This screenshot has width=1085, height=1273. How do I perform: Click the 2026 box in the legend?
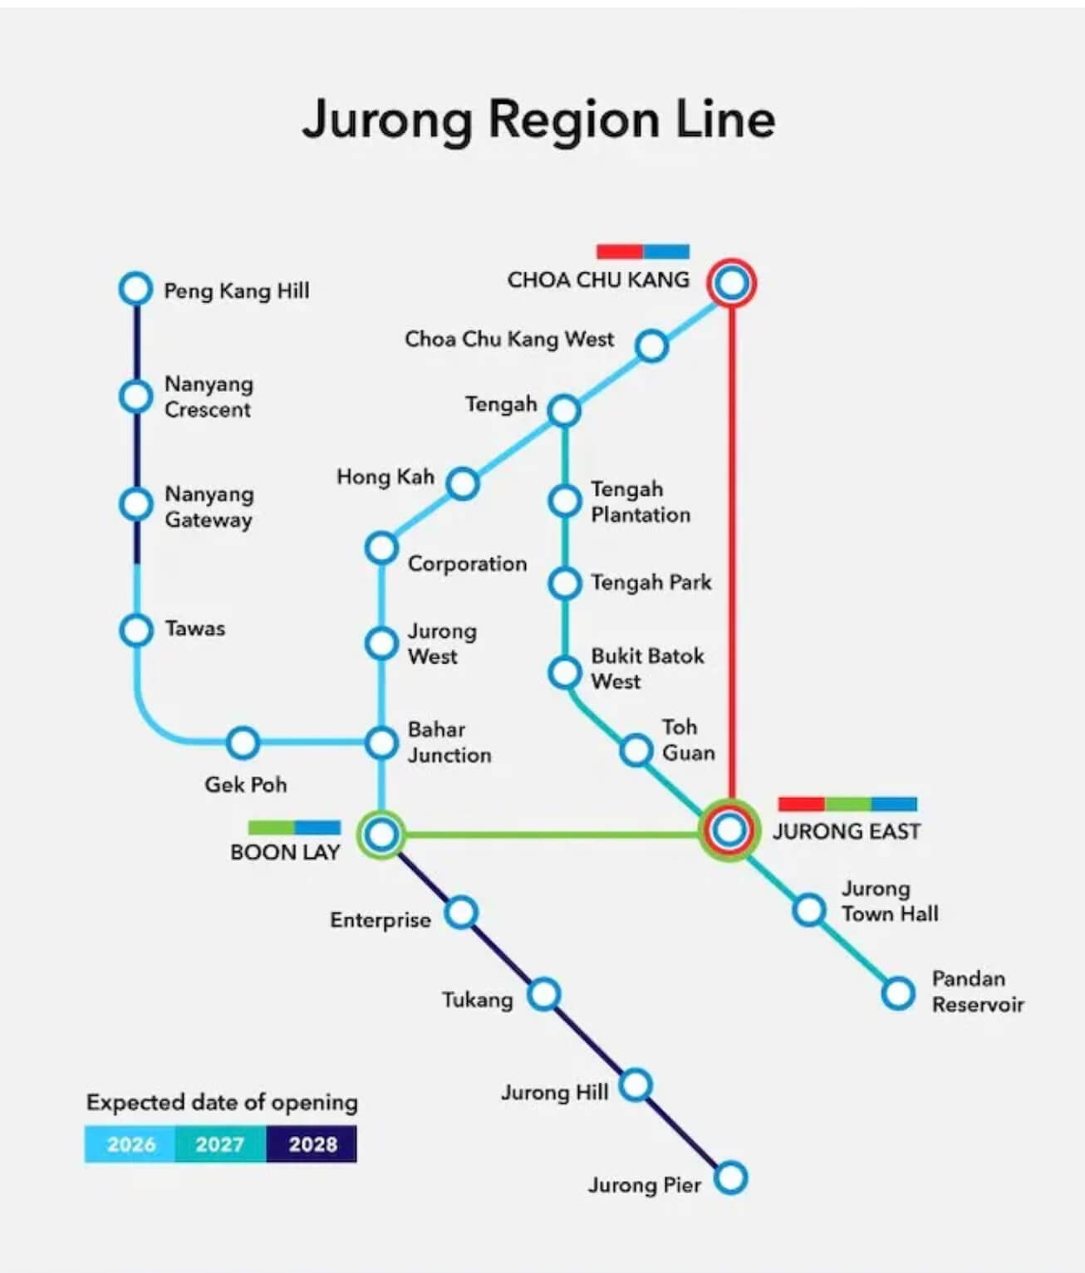coord(130,1144)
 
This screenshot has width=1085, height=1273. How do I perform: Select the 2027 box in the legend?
coord(221,1144)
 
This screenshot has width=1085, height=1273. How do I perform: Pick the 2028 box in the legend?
coord(312,1144)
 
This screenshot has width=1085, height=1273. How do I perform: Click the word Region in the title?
coord(573,121)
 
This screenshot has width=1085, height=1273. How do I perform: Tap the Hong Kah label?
coord(385,477)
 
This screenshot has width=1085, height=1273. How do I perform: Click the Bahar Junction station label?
coord(449,742)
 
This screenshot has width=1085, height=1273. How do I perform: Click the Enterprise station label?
coord(380,920)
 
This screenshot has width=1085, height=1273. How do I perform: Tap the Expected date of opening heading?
coord(222,1103)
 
